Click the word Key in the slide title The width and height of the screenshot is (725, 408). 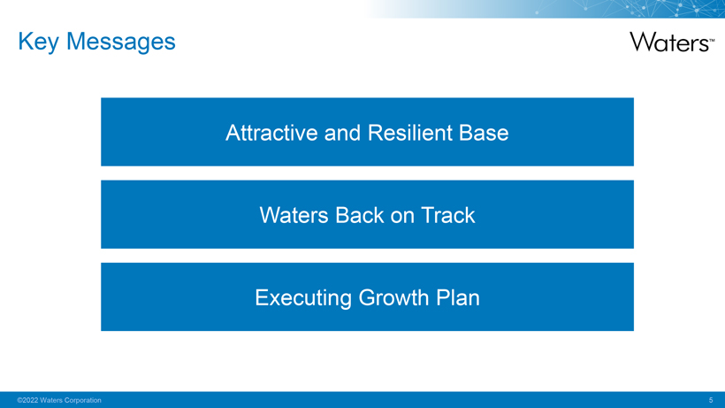(38, 42)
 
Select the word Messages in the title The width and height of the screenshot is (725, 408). (121, 42)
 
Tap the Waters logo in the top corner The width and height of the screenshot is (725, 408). (672, 42)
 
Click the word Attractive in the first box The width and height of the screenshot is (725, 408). (272, 133)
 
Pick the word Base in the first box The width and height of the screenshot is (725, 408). (484, 133)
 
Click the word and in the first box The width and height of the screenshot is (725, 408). (343, 133)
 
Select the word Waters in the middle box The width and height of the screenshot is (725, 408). (294, 215)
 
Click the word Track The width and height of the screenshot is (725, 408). (447, 215)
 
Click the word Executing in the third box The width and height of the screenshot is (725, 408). (303, 298)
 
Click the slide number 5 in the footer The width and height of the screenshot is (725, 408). (711, 400)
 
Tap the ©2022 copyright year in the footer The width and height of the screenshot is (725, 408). (27, 400)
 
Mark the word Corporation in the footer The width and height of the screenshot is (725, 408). (83, 400)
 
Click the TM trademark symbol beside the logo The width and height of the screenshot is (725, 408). (712, 40)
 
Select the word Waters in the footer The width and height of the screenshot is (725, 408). (51, 400)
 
